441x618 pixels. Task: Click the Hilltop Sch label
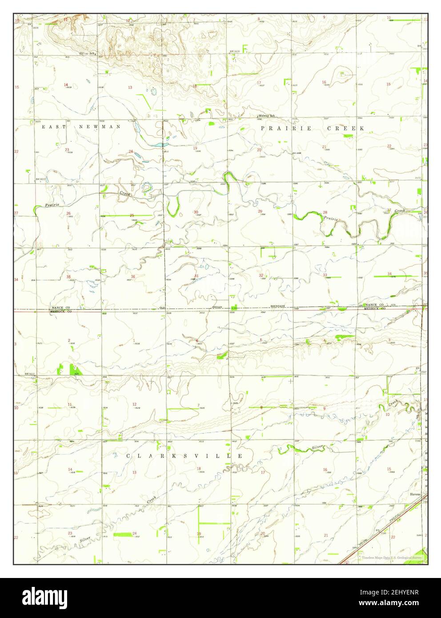click(87, 53)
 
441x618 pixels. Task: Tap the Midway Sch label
click(267, 116)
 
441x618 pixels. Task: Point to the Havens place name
click(410, 494)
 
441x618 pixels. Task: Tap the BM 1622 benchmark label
click(30, 374)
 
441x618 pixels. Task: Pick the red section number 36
click(132, 277)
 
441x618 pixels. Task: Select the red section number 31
click(196, 276)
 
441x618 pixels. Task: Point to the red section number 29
click(260, 211)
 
